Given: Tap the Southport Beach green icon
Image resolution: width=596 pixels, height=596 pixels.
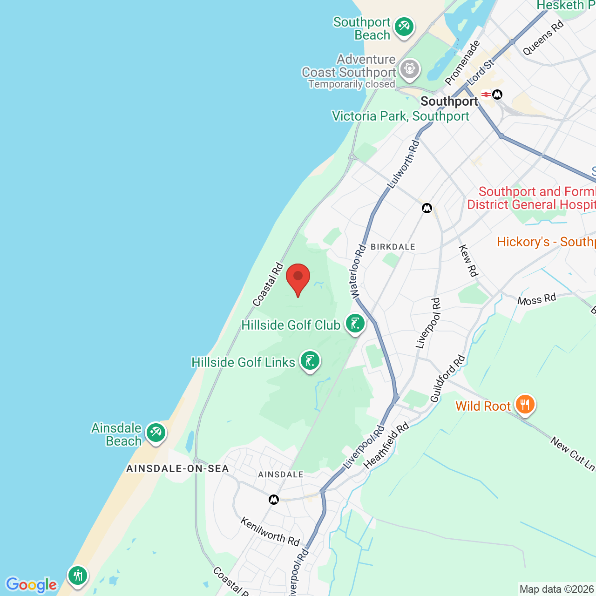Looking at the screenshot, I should pos(404,27).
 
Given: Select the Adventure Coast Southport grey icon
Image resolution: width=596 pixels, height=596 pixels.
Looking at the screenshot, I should pos(410,69).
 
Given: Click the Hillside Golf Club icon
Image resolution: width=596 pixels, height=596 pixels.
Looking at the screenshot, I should pos(355,324).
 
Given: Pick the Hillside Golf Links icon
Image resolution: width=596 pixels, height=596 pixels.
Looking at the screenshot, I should pos(310,361).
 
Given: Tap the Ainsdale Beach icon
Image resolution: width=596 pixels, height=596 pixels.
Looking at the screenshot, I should pos(156,433).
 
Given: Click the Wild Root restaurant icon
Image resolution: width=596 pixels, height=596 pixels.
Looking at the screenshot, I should pos(525,405).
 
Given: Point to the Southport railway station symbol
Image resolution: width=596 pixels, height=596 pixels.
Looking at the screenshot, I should pos(486,95).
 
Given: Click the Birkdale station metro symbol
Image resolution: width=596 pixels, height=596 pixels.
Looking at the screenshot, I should pos(427,208).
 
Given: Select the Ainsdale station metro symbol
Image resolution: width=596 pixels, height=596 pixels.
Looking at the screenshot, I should pos(274,500).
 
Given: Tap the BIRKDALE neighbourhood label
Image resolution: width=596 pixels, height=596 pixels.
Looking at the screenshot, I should pos(393,247).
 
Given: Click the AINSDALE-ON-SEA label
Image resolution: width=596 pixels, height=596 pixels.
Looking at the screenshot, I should pos(177,468).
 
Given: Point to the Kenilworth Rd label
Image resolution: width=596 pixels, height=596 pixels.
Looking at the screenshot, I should pos(270,532).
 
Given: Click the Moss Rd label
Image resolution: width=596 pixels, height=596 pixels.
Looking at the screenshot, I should pos(536,299).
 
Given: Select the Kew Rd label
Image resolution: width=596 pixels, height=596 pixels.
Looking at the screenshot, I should pos(468,261).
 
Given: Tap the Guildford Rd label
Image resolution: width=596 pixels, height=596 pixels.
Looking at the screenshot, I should pos(447,379).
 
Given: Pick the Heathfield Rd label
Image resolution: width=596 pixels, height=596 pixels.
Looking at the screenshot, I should pos(386,445).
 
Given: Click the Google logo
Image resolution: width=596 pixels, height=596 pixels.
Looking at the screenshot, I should pos(32,585).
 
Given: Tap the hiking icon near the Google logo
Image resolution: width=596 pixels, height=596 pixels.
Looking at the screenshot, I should pos(78,576).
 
